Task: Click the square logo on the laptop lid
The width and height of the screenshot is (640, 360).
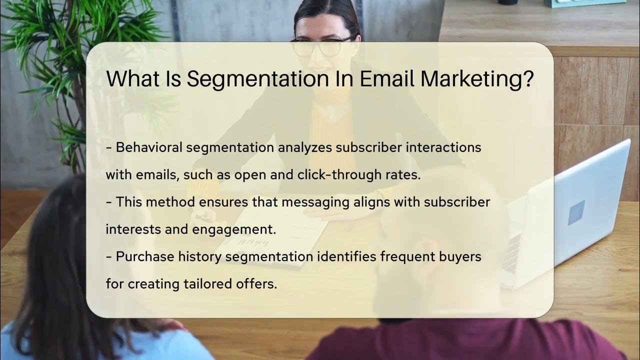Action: point(576,212)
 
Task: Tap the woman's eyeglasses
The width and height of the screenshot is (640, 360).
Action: point(322,46)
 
